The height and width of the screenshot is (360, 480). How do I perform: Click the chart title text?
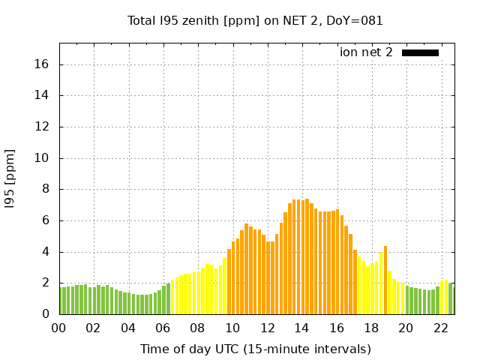(255, 20)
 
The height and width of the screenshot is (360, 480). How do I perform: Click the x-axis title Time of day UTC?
(255, 349)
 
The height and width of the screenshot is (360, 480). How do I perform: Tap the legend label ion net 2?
(366, 52)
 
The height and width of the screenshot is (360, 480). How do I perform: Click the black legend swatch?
(420, 52)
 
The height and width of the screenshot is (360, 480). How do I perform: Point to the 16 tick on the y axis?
(43, 64)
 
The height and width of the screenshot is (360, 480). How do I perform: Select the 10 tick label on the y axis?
(43, 158)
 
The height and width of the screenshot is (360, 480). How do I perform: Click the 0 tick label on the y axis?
(46, 314)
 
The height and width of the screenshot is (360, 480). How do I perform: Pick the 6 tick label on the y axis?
(46, 220)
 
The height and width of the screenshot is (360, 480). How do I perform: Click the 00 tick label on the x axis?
(59, 328)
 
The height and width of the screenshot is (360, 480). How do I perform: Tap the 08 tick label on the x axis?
(198, 328)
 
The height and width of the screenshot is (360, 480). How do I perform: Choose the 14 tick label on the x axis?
(301, 328)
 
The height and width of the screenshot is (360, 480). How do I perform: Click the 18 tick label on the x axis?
(371, 328)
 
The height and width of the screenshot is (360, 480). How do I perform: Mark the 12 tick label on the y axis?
(43, 127)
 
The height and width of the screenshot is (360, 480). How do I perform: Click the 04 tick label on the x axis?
(128, 328)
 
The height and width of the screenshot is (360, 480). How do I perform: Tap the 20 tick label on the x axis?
(406, 328)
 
